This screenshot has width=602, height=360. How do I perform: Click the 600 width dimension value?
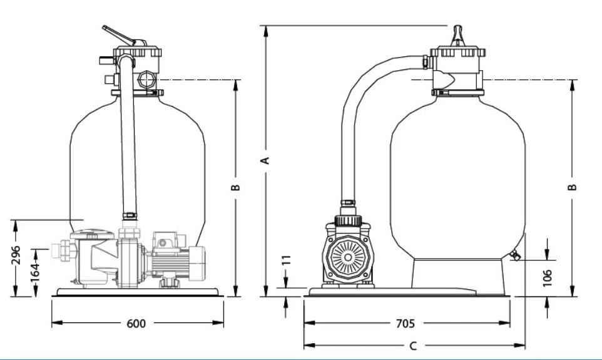pyautogui.click(x=136, y=323)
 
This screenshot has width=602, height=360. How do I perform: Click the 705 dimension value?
pyautogui.click(x=405, y=323)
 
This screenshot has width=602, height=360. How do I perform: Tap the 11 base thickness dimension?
pyautogui.click(x=287, y=260)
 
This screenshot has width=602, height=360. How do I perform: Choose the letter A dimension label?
pyautogui.click(x=266, y=160)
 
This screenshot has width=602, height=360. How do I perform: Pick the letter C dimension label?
pyautogui.click(x=412, y=346)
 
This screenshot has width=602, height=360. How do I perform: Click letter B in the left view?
pyautogui.click(x=237, y=187)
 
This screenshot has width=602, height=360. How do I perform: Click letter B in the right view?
pyautogui.click(x=573, y=187)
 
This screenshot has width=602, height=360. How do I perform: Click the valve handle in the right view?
pyautogui.click(x=458, y=34)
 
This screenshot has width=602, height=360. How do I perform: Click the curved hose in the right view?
pyautogui.click(x=366, y=94)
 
